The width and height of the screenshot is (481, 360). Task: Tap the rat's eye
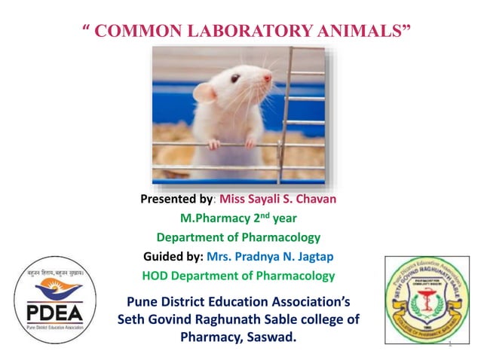coord(235,78)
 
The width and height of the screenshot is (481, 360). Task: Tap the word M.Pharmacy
coord(213,218)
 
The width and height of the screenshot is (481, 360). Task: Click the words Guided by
coord(177,257)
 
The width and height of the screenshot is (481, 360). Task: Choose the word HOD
coord(155,276)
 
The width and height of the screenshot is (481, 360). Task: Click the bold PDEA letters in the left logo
coord(53,311)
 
